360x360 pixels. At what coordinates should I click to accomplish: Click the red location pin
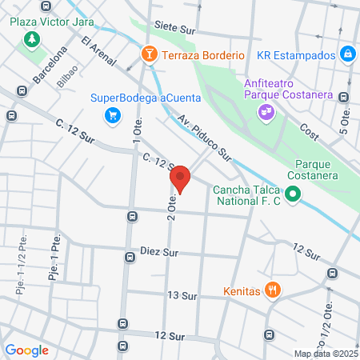tap(181, 178)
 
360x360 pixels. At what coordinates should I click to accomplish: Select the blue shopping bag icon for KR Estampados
tap(347, 55)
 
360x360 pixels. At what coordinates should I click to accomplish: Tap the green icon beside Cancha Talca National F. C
tap(293, 194)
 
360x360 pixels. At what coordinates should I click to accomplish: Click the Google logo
tap(26, 350)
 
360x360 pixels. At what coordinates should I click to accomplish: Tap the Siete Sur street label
tap(180, 26)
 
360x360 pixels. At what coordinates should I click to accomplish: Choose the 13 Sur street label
tap(182, 295)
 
